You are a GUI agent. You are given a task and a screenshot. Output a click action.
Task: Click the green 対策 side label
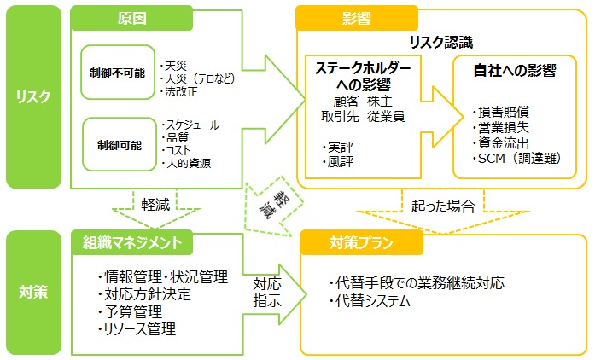(x=33, y=292)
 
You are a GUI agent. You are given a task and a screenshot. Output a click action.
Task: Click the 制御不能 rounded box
(x=116, y=71)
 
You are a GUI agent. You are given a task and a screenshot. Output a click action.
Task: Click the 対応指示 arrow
(x=268, y=291)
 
